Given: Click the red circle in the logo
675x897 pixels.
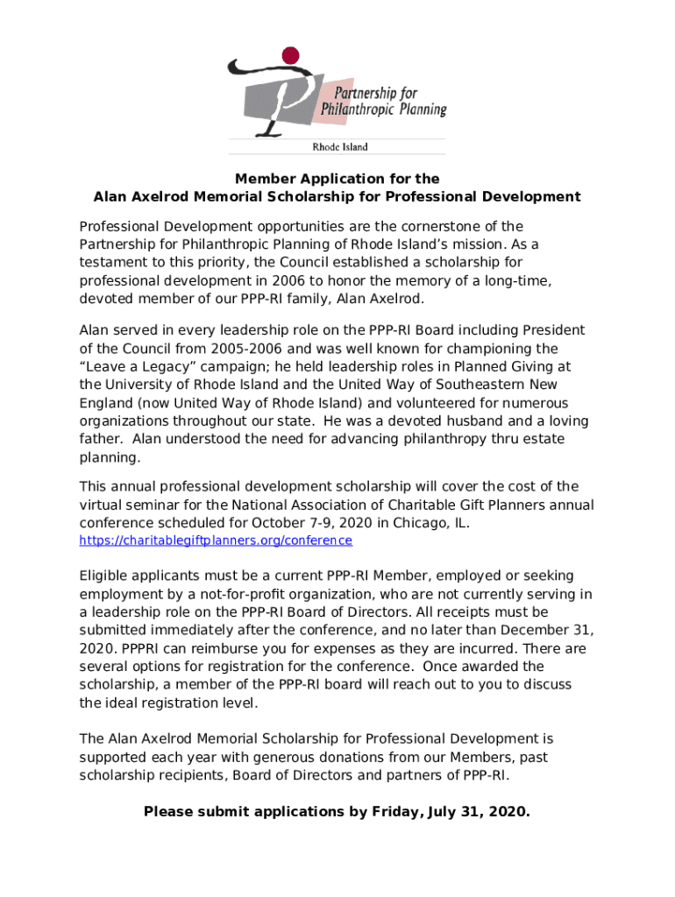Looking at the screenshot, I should [x=290, y=56].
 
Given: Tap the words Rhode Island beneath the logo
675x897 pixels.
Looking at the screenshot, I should [x=341, y=147].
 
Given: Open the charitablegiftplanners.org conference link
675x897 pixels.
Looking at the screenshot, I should [x=216, y=541].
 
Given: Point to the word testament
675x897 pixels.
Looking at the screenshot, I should [x=114, y=263].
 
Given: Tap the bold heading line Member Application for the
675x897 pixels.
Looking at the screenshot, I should [x=337, y=179].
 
